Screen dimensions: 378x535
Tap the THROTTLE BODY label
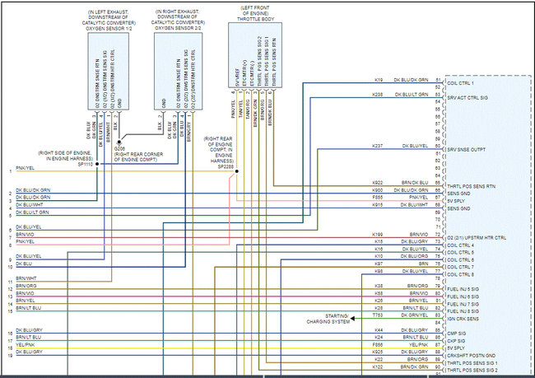[x=255, y=17]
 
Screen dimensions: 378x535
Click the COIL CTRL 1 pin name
[x=466, y=82]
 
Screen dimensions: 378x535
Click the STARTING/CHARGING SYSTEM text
[x=328, y=320]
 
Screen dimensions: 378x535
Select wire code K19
[x=377, y=80]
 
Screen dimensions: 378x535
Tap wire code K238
[x=377, y=95]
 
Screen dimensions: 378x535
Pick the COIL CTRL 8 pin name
[x=461, y=273]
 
